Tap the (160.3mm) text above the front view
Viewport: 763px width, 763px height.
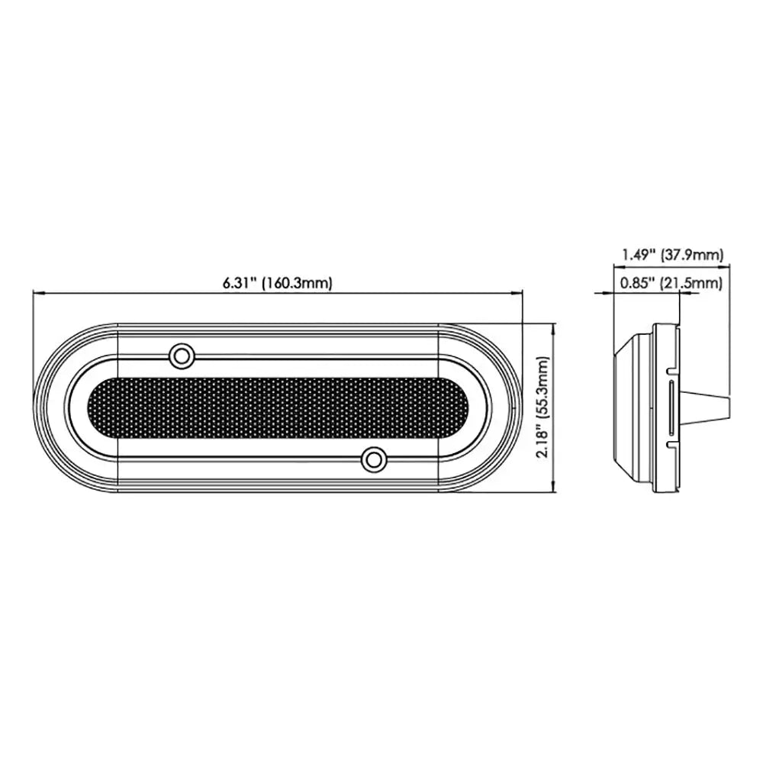[x=298, y=283]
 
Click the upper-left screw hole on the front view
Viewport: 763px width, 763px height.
[x=181, y=355]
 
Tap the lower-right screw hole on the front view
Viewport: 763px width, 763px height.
[x=373, y=459]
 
